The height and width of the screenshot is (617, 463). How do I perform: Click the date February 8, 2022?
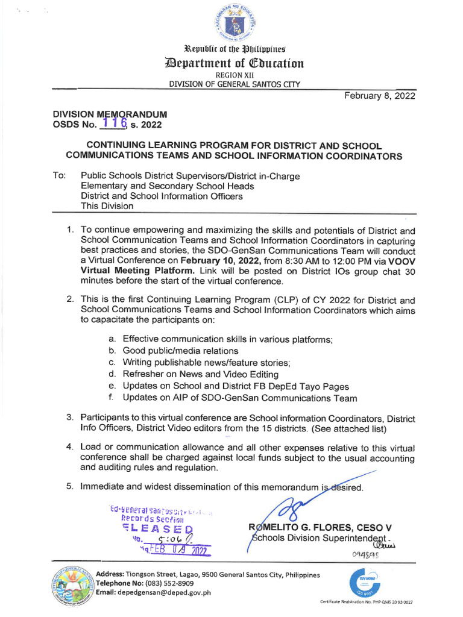[x=379, y=96]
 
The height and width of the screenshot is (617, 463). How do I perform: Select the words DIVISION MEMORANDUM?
[x=110, y=114]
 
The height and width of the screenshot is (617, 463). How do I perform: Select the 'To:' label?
[x=59, y=176]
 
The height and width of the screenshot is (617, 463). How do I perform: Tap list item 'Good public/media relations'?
[x=180, y=351]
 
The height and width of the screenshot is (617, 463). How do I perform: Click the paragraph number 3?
[x=69, y=418]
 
